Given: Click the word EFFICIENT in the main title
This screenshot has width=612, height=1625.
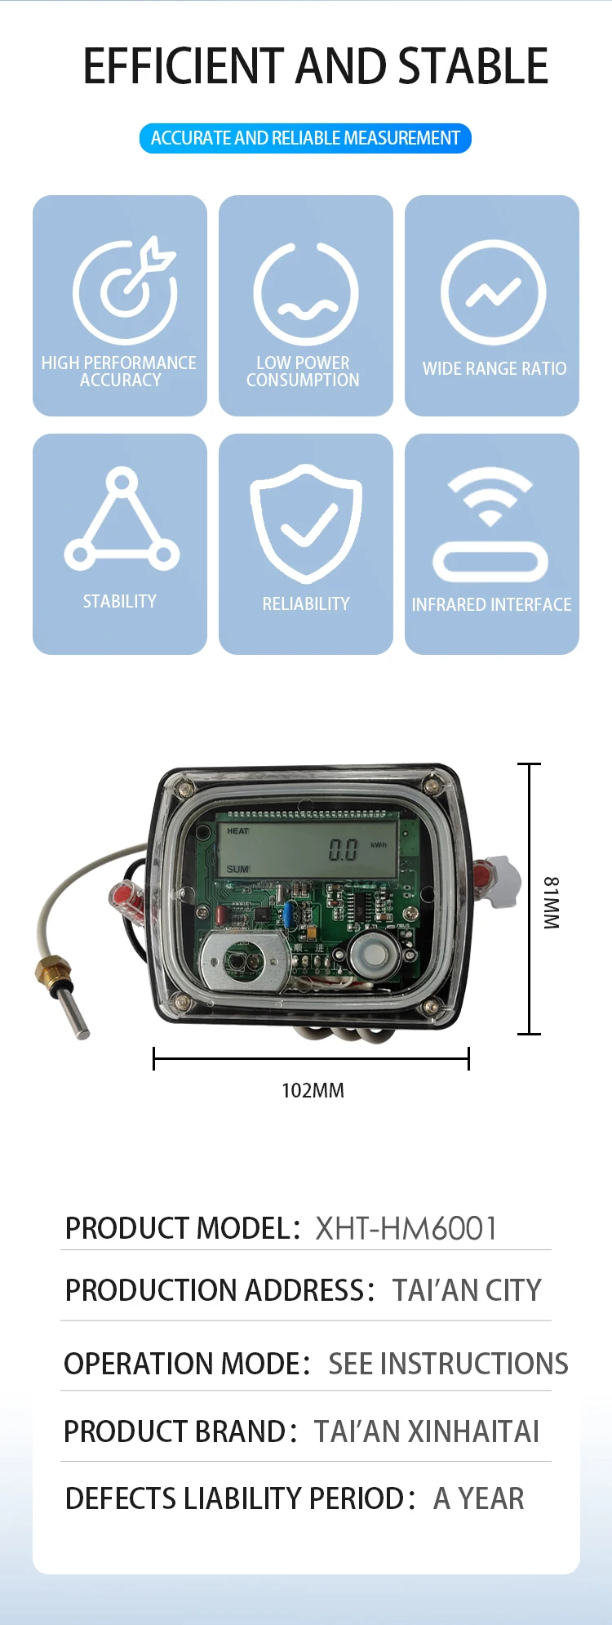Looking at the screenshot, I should (184, 67).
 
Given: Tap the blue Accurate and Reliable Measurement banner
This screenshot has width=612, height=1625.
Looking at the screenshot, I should (305, 138).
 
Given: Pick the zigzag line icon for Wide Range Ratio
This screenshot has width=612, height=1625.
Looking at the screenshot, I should (493, 292).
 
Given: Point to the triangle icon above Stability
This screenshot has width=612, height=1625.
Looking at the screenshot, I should (122, 519).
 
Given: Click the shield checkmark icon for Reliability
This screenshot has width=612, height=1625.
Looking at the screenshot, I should (306, 522).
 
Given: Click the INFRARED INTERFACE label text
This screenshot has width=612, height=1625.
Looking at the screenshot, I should (491, 605).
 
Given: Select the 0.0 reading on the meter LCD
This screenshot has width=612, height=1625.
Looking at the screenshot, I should (343, 851).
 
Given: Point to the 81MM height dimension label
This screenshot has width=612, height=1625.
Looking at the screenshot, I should (552, 902).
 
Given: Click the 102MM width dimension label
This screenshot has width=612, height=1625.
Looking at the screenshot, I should (313, 1091).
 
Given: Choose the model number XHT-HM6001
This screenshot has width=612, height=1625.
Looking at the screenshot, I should (406, 1228).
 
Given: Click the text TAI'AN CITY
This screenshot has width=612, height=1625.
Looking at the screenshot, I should (467, 1290).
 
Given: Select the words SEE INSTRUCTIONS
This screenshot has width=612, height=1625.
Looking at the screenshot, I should (448, 1364).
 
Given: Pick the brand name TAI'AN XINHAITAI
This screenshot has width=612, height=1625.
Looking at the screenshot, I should (427, 1431).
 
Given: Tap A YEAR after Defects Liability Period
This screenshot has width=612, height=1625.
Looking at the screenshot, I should (479, 1499).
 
